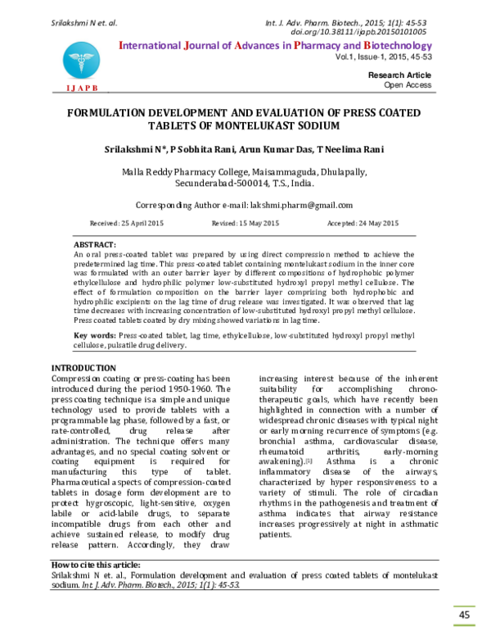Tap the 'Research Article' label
401,75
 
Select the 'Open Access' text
408,84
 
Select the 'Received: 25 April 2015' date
127,223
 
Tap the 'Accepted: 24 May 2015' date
363,223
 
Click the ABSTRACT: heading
95,245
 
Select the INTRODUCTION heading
83,367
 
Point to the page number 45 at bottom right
464,615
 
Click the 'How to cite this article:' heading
96,565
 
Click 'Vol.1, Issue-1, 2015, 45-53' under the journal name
384,58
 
